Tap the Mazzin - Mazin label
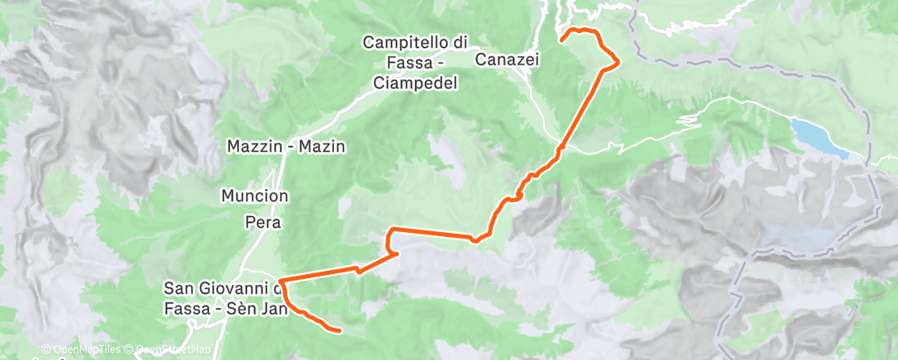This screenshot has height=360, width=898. [286, 145]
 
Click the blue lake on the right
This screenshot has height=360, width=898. [818, 136]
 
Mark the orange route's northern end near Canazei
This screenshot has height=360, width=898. [562, 39]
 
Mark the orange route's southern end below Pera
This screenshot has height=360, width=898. [339, 330]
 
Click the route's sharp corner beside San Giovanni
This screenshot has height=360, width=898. [281, 282]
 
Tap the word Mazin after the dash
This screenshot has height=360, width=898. [325, 145]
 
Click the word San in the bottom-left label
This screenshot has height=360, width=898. [178, 288]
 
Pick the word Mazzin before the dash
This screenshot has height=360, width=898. [249, 145]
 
